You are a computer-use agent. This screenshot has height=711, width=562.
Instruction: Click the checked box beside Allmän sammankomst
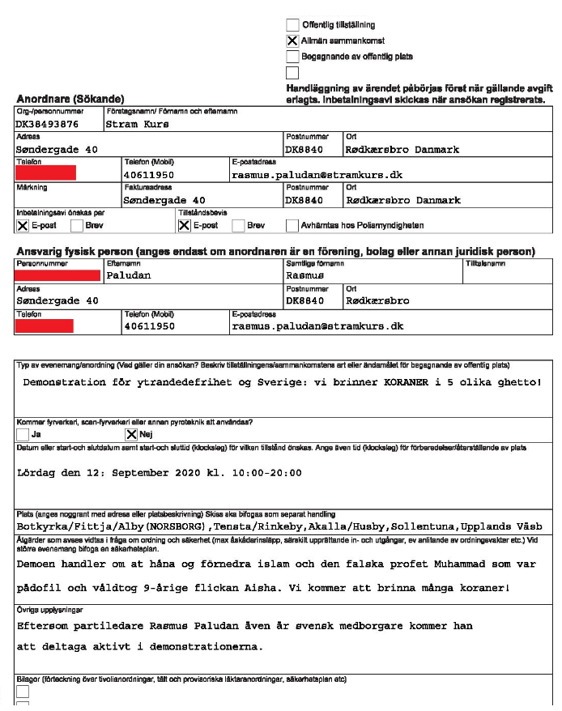(292, 40)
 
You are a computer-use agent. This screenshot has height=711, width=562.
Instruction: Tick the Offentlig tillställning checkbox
(292, 25)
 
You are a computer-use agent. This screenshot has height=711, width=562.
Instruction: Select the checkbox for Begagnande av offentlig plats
(292, 57)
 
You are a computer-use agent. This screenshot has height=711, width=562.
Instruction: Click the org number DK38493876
(47, 125)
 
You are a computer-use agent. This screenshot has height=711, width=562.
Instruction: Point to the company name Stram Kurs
(137, 125)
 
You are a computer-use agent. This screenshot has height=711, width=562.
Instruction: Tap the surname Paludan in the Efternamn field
(129, 275)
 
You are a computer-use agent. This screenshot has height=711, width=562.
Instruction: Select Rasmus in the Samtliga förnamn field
(305, 275)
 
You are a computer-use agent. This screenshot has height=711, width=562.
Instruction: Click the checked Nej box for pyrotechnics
(132, 435)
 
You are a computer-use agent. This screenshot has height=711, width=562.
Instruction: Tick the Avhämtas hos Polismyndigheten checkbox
(292, 225)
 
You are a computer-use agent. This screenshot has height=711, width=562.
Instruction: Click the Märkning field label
(32, 187)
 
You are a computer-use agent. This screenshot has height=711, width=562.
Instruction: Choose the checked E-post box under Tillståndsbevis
(184, 225)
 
